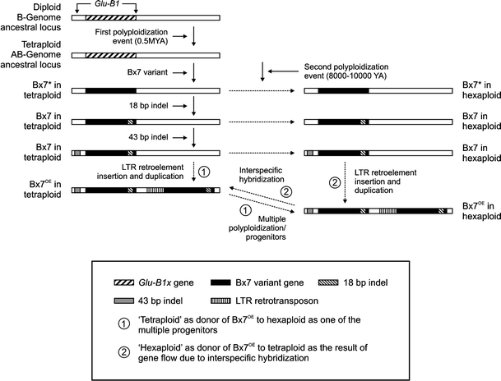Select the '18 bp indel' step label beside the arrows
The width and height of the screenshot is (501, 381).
coord(151,107)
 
